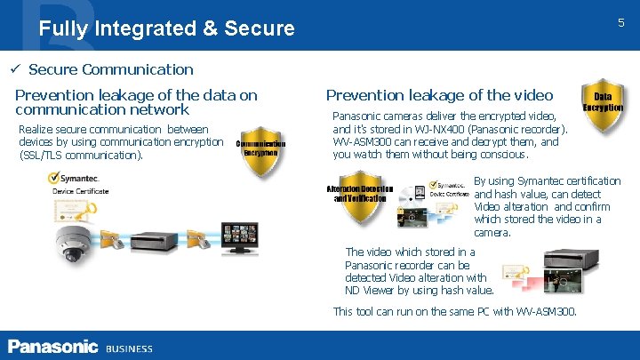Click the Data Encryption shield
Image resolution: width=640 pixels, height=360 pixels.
coord(602,105)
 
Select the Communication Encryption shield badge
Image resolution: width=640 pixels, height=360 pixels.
coord(260,148)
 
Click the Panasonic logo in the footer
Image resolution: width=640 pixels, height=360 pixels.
coord(52,347)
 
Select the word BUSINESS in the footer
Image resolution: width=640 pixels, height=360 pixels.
coord(130,348)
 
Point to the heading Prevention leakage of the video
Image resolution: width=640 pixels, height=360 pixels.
coord(439,95)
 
